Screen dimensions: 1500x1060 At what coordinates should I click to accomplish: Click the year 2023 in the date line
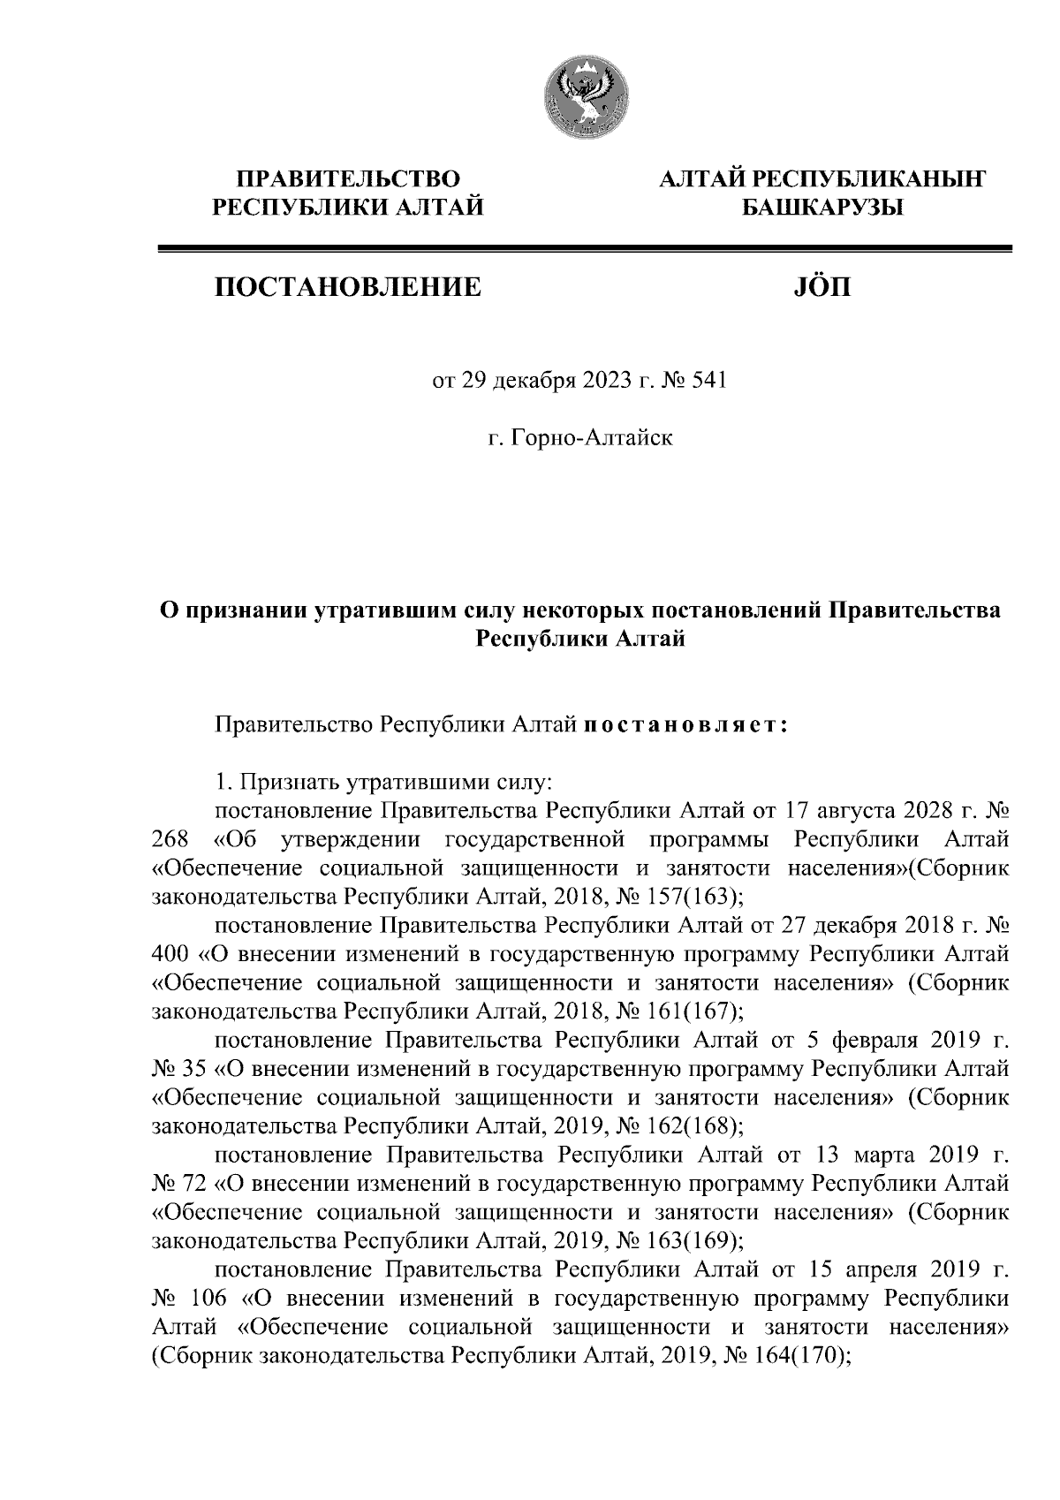600,382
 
